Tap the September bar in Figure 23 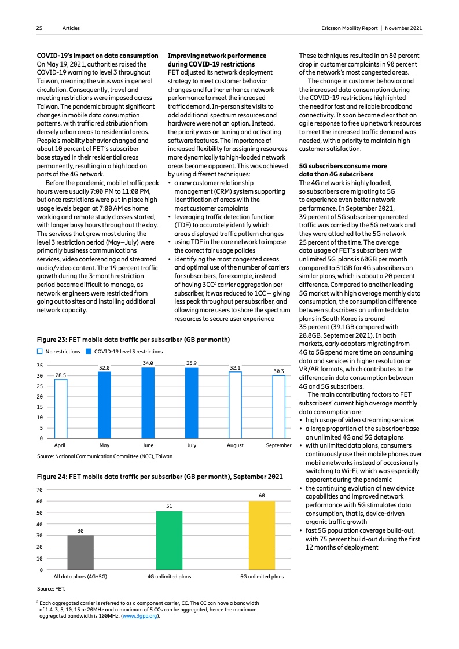278,407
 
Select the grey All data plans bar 80,552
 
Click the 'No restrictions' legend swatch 39,351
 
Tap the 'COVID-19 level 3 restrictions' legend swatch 89,351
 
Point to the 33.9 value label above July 192,363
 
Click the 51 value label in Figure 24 169,506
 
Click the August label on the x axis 235,446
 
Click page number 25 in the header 39,28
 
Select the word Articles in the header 71,28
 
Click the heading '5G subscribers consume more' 343,165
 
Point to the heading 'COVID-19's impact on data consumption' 97,56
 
